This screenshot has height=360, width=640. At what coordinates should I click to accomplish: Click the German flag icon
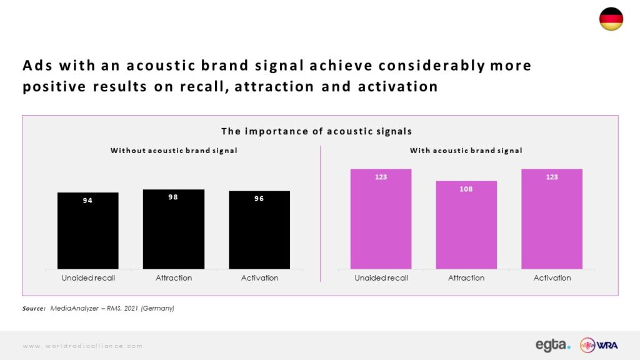click(x=611, y=19)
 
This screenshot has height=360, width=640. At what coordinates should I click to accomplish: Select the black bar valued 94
click(x=87, y=231)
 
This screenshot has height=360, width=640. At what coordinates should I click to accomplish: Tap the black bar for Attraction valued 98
click(x=174, y=229)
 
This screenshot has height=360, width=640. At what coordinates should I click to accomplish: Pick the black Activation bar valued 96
click(x=259, y=230)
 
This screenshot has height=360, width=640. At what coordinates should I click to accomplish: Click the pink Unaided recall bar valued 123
click(x=381, y=219)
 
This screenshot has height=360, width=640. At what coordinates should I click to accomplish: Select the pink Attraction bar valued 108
click(x=466, y=225)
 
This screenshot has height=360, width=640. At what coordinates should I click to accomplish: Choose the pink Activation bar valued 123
click(x=552, y=219)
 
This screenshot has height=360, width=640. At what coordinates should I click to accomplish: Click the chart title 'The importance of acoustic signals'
click(x=317, y=131)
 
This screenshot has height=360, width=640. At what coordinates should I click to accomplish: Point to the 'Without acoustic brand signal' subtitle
click(x=174, y=151)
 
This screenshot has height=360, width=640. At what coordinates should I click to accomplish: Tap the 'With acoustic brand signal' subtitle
click(x=466, y=151)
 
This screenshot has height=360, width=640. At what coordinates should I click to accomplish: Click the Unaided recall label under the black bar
click(x=88, y=278)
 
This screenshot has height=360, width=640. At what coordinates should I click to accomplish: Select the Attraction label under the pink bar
click(x=466, y=278)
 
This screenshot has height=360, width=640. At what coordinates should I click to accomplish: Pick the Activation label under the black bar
click(x=259, y=278)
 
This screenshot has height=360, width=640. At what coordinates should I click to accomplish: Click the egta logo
click(x=553, y=345)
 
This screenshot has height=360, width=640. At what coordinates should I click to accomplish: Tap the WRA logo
click(x=599, y=345)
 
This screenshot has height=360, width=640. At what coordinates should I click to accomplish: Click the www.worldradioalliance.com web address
click(x=82, y=346)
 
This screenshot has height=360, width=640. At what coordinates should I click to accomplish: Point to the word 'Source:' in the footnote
click(x=34, y=309)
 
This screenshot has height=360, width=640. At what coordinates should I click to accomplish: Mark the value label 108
click(x=466, y=189)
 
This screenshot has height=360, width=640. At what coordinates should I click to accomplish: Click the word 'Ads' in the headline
click(x=37, y=65)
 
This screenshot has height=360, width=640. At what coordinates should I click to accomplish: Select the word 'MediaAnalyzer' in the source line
click(x=74, y=309)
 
